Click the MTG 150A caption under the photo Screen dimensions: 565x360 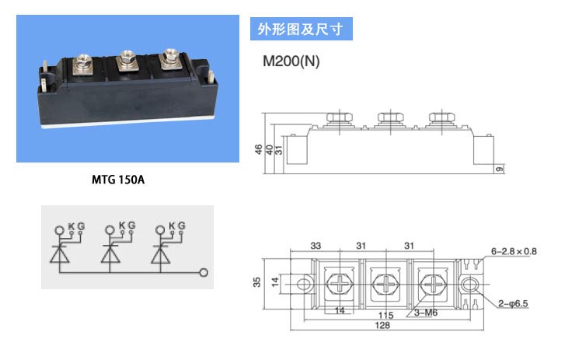(118, 180)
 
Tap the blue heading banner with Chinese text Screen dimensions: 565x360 (302, 29)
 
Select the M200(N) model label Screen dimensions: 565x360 (291, 61)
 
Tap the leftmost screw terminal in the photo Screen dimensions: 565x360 (82, 64)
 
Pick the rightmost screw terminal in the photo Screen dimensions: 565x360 (169, 58)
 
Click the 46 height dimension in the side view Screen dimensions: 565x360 (258, 149)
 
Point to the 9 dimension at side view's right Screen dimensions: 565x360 (500, 169)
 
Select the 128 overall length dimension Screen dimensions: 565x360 (382, 326)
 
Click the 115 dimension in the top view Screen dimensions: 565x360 (385, 316)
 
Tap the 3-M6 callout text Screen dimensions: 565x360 (426, 313)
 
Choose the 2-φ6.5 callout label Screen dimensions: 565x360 (513, 303)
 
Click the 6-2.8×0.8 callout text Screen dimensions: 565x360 (514, 251)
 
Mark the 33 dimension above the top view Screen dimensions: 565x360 (316, 246)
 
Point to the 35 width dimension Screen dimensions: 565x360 (256, 281)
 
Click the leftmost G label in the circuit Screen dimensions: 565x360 (81, 226)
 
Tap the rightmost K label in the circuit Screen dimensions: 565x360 (172, 225)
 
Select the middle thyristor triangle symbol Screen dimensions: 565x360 (110, 255)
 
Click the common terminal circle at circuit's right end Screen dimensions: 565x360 (204, 272)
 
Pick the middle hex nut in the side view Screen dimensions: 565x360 (390, 117)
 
